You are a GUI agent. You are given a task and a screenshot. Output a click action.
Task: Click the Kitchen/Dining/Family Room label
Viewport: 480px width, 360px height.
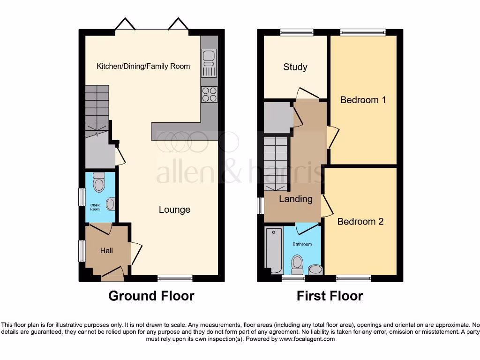point(143,66)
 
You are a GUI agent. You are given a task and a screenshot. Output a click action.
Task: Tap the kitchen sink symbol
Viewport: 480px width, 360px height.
point(209,63)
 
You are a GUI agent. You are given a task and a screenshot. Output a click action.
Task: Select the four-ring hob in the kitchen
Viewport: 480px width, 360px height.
point(209,95)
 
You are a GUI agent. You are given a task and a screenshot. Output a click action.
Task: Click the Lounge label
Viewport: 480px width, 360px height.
point(174,210)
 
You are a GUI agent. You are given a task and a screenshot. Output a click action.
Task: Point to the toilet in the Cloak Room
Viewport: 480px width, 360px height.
point(99,183)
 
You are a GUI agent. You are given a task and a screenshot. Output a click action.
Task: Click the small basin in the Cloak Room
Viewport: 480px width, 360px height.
point(111,204)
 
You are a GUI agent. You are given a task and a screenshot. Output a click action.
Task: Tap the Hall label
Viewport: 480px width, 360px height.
point(106,251)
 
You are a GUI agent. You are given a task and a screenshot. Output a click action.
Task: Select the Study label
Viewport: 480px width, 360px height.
point(295,67)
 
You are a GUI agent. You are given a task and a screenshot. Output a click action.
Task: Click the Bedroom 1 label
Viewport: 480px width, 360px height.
point(363,100)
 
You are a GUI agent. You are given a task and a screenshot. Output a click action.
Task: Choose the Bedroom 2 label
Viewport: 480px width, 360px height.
point(360,221)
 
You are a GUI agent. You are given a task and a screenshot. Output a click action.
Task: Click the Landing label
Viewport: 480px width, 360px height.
point(295,199)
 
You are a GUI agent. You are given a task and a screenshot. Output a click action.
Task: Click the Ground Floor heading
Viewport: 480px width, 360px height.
point(151,296)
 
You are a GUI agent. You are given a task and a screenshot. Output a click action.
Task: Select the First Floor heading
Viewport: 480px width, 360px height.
point(330,296)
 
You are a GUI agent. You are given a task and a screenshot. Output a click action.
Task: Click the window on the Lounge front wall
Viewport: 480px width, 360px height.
point(175,278)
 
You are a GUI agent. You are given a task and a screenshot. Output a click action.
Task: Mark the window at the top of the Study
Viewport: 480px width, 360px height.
point(297,32)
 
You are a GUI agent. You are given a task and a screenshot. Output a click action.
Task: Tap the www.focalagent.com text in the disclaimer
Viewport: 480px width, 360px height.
point(307,339)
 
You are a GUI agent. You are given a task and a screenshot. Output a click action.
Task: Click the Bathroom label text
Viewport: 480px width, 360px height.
point(302,244)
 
